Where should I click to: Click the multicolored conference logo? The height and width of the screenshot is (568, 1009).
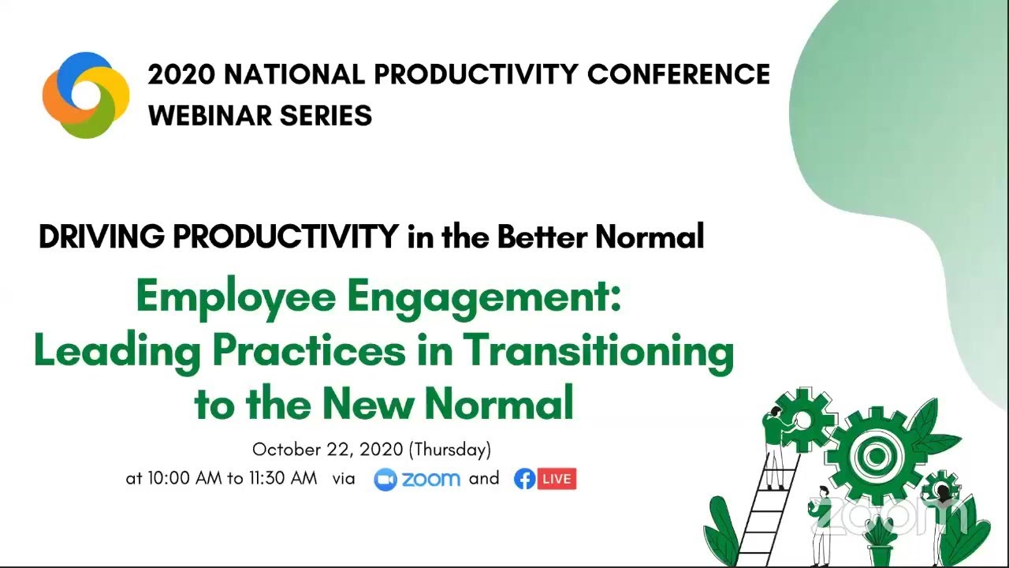(x=86, y=95)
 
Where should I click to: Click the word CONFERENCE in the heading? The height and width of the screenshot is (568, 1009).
(x=679, y=74)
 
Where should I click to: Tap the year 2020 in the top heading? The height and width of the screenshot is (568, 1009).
(x=181, y=74)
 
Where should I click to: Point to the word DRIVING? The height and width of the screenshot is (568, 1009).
(x=101, y=237)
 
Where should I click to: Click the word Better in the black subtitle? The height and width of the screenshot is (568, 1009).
(x=542, y=237)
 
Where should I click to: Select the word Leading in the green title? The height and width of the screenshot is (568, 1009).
(x=117, y=351)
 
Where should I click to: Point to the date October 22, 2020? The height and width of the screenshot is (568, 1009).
(x=327, y=450)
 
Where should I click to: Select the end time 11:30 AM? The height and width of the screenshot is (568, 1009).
(x=282, y=479)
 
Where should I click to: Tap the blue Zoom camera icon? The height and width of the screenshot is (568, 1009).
(x=385, y=479)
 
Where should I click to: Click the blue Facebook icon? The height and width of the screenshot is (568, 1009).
(x=524, y=479)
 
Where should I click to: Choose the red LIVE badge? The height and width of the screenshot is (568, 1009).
(x=557, y=479)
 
